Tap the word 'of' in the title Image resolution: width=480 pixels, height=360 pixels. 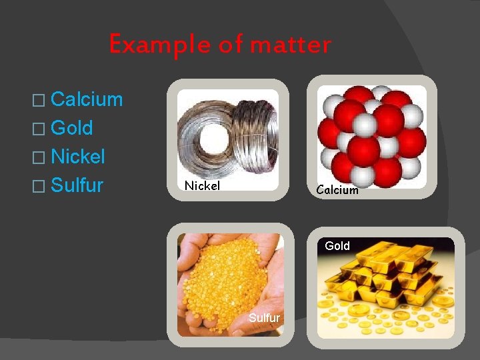click(x=230, y=45)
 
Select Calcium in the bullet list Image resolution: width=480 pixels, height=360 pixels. click(x=87, y=100)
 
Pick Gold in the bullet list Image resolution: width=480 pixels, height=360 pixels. click(x=71, y=128)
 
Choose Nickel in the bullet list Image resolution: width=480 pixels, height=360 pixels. click(x=78, y=157)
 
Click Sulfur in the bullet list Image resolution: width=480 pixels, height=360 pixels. click(x=77, y=185)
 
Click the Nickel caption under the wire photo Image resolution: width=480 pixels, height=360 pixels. click(x=202, y=186)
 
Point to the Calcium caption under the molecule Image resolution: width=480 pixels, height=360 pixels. click(x=337, y=190)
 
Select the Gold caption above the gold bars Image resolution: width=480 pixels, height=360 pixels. click(x=337, y=246)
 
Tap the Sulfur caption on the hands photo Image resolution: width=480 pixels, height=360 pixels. click(x=264, y=318)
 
